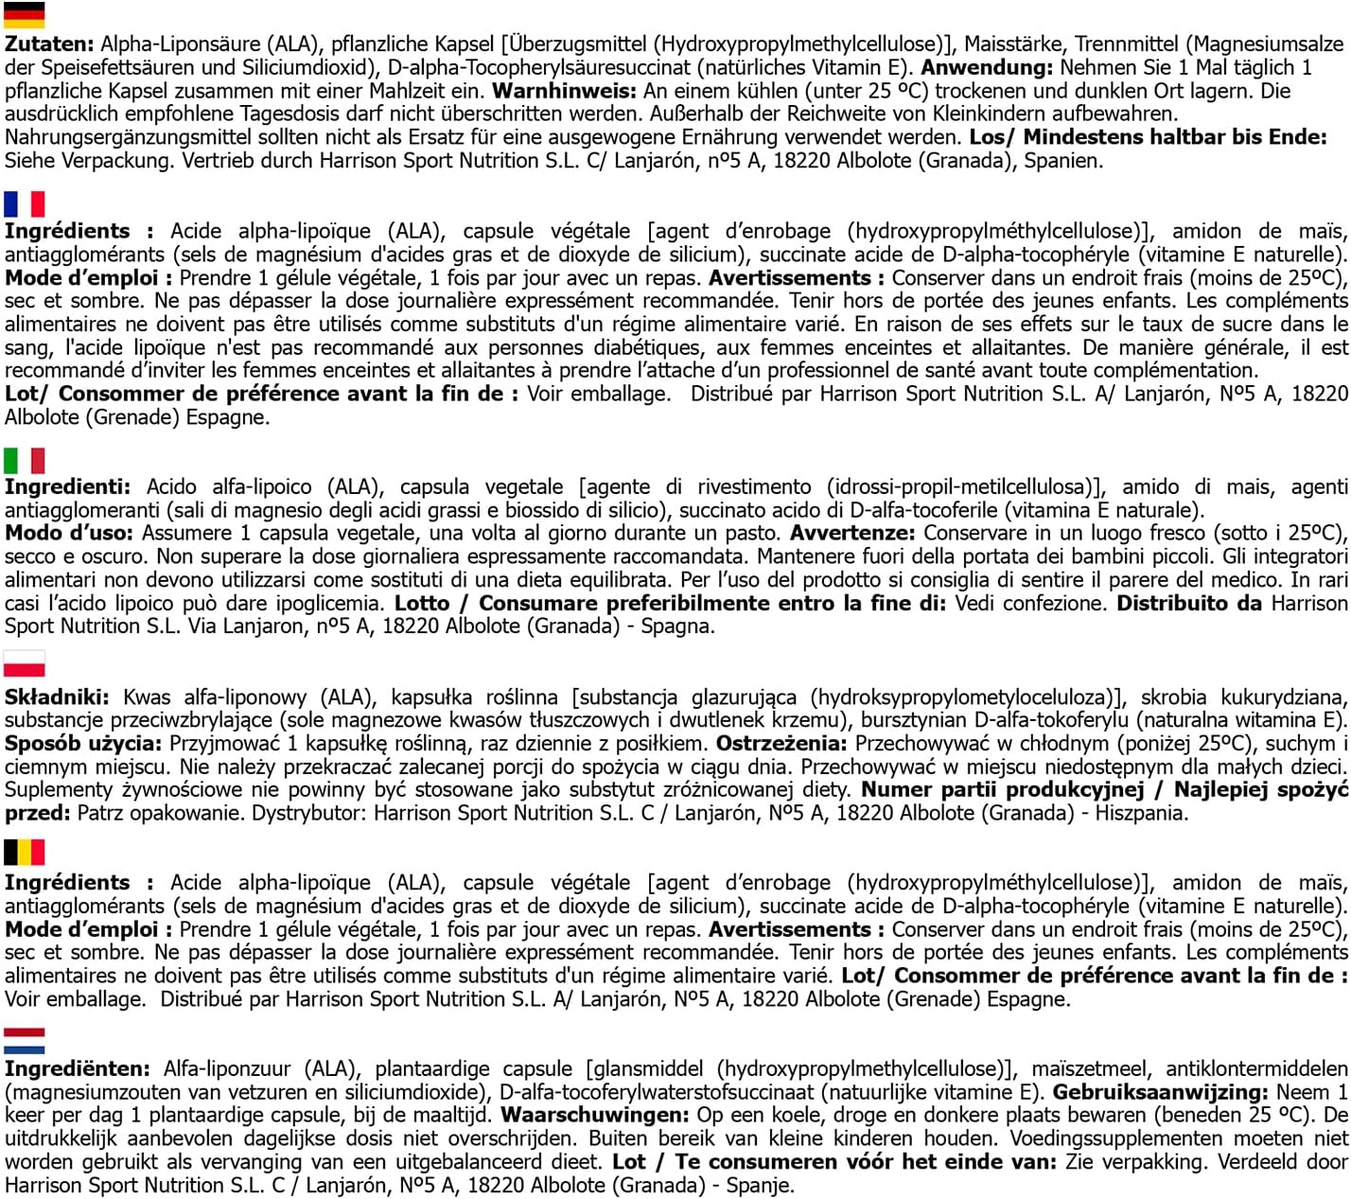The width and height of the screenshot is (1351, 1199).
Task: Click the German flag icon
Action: coord(24,15)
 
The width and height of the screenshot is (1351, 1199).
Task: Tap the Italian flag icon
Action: coord(24,461)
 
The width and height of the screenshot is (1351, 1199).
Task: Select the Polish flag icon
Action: coord(24,663)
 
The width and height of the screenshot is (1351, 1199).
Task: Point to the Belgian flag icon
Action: coord(24,853)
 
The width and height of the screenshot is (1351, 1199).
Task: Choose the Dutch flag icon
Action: coord(24,1040)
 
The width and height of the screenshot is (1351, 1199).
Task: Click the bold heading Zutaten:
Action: coord(49,44)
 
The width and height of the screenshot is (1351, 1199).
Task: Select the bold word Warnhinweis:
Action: coord(565,91)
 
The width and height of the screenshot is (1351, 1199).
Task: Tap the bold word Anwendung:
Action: coord(987,68)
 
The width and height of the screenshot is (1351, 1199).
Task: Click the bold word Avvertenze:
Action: coord(853,534)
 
